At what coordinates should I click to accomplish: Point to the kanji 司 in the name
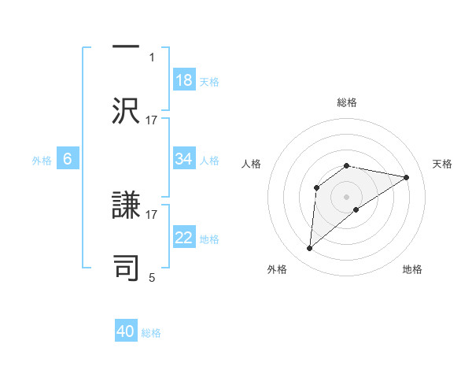point(127,266)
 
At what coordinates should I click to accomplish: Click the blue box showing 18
point(184,80)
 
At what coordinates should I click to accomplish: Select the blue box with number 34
point(184,159)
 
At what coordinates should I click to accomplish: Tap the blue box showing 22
point(184,238)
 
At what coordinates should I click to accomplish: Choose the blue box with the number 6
point(68,159)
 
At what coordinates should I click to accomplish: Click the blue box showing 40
point(126,332)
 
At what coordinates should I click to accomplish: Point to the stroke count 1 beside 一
point(152,57)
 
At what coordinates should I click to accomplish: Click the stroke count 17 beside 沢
point(152,120)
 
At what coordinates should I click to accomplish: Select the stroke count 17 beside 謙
point(152,213)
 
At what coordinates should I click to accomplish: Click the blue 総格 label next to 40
point(151,333)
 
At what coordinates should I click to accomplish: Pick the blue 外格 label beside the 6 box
point(42,160)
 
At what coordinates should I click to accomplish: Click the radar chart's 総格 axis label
point(347,102)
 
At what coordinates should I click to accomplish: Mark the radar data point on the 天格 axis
point(407,177)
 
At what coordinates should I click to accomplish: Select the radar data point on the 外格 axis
point(310,249)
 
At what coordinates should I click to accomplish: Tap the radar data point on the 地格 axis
point(356,209)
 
